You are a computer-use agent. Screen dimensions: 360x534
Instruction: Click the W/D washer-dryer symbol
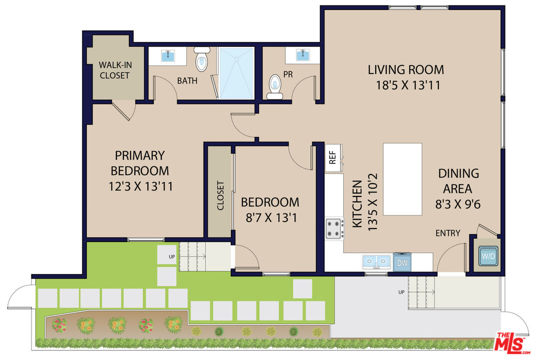[488, 256]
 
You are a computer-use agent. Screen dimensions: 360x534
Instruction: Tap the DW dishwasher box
[401, 261]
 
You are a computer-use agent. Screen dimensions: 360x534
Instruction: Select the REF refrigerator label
[332, 158]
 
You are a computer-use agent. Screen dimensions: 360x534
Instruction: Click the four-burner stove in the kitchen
[334, 229]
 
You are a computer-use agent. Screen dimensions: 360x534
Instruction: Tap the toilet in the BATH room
[202, 59]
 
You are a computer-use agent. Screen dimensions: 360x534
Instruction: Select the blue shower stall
[236, 73]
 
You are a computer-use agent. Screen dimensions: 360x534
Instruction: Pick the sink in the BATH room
[168, 55]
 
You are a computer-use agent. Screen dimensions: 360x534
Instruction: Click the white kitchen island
[402, 179]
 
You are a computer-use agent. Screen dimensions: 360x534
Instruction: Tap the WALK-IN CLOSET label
[114, 70]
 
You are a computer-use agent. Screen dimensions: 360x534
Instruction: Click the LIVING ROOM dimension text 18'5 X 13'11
[408, 85]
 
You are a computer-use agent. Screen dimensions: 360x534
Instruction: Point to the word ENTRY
[448, 233]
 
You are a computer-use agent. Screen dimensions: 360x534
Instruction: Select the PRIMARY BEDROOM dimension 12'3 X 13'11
[140, 187]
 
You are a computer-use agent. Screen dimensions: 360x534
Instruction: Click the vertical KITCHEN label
[357, 204]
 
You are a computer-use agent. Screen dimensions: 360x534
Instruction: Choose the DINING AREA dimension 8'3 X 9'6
[458, 204]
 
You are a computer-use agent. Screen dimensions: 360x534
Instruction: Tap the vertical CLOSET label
[220, 195]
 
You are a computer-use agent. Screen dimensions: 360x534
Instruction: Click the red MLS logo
[511, 342]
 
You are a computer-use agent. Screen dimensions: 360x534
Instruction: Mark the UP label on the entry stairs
[401, 291]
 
